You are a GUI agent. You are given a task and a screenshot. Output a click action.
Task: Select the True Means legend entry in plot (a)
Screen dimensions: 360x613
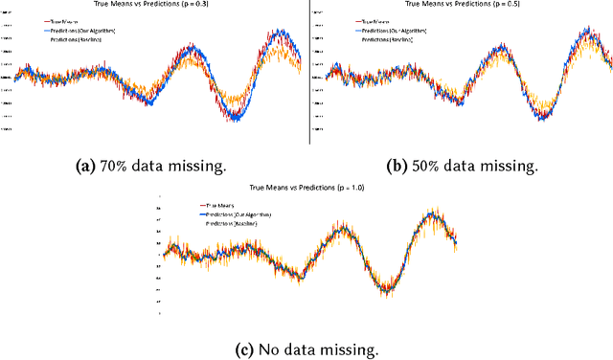[64, 19]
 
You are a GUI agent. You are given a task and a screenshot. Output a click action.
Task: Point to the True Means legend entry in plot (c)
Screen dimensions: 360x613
[219, 206]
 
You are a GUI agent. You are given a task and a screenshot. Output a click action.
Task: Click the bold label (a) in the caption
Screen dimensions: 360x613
[85, 165]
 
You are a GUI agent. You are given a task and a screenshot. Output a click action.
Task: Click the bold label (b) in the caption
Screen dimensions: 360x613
[394, 165]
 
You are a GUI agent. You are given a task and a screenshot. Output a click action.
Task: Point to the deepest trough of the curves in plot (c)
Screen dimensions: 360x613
[386, 290]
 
